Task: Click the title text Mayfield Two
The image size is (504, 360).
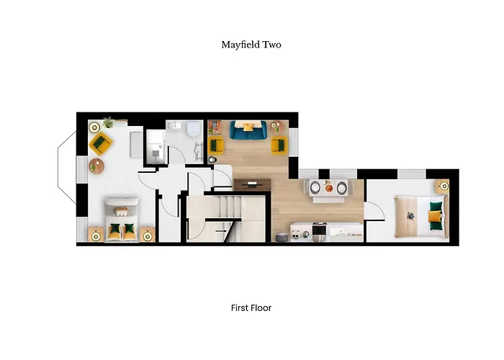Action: (251, 45)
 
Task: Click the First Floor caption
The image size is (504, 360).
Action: (251, 308)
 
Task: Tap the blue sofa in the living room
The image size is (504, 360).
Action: (249, 130)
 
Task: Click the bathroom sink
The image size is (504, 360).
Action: (173, 126)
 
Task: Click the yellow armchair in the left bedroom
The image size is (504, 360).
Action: (100, 143)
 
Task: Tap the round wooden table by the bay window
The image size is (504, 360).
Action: (96, 166)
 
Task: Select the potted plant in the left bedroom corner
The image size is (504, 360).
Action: (109, 122)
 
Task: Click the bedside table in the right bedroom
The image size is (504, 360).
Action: (441, 186)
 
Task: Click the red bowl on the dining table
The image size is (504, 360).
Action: (328, 188)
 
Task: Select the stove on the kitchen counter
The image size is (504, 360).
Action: (318, 231)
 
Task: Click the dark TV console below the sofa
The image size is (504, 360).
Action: (252, 184)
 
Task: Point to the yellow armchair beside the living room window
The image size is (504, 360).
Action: (278, 145)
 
